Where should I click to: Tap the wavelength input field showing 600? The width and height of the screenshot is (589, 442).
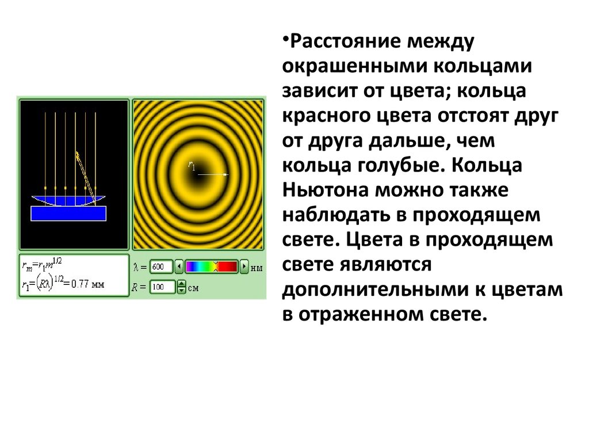click(161, 267)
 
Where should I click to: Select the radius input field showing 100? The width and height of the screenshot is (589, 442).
click(162, 287)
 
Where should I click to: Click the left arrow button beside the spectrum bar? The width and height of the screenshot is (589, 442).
click(179, 267)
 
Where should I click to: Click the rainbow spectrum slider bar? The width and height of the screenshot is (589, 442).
click(212, 267)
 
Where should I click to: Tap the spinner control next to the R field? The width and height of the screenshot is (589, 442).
click(181, 287)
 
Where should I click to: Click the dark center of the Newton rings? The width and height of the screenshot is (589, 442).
click(198, 174)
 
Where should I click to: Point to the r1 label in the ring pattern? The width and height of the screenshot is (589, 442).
click(192, 165)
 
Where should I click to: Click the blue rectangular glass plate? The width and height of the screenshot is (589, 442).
click(68, 214)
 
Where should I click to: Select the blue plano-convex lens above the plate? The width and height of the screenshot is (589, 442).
click(68, 200)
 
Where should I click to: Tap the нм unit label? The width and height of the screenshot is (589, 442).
click(257, 268)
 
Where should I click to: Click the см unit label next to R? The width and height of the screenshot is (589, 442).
click(193, 288)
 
